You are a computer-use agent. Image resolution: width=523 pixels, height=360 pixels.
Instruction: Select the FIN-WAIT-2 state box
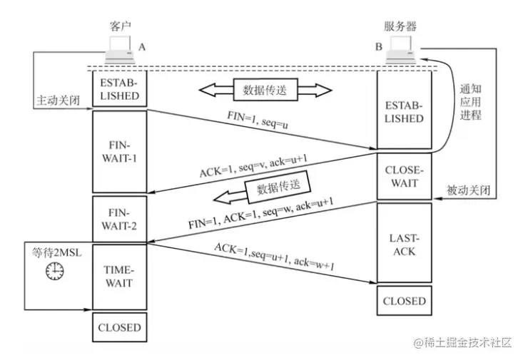coord(119,219)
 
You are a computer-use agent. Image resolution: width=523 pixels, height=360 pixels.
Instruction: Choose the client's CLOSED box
coord(119,328)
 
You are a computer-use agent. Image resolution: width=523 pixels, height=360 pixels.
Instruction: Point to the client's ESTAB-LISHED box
coord(119,88)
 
